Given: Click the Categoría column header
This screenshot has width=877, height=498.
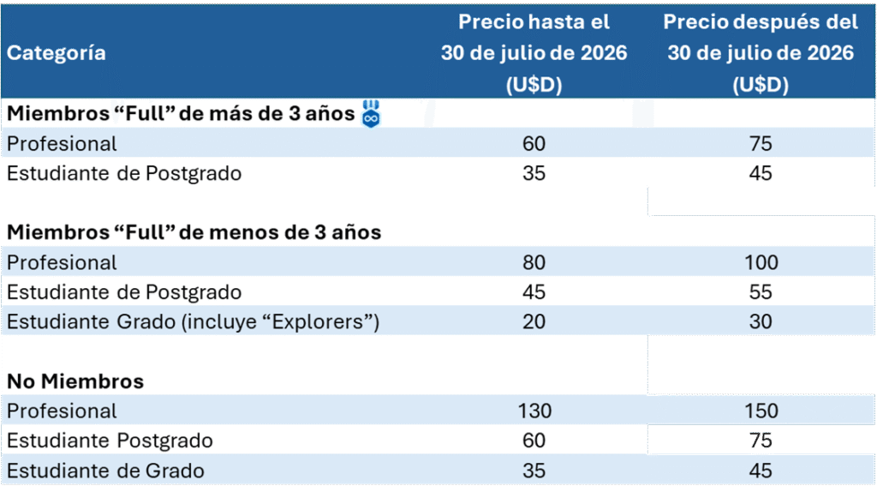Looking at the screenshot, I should (x=57, y=52).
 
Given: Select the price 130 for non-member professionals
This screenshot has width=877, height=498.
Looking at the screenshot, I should (x=534, y=411).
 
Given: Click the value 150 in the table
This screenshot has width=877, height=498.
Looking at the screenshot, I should (x=761, y=411).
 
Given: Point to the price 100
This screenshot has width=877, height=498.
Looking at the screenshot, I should (x=761, y=261).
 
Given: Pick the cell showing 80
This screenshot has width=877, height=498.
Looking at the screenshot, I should (x=534, y=261).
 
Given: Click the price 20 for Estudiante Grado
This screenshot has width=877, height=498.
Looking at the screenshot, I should (x=534, y=321).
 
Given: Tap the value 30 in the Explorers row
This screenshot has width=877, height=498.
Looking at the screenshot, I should (x=761, y=321).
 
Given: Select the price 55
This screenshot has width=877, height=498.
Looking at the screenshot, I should (x=761, y=291).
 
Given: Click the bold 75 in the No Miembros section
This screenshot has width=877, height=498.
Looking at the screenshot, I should (x=761, y=441).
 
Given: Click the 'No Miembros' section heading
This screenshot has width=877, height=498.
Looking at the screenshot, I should (x=75, y=381).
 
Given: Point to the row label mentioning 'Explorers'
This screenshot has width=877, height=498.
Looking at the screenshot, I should (x=193, y=321).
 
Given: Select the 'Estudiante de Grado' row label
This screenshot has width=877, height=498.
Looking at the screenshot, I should (x=106, y=471).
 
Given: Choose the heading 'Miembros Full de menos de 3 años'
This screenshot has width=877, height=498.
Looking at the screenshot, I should (x=194, y=231).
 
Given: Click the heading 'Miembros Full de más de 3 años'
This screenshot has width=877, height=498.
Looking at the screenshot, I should (x=181, y=114).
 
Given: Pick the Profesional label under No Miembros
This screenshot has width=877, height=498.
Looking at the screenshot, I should (x=63, y=411).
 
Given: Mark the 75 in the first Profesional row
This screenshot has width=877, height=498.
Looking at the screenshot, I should (x=761, y=143).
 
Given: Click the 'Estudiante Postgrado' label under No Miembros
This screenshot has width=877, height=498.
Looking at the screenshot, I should (x=110, y=441).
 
